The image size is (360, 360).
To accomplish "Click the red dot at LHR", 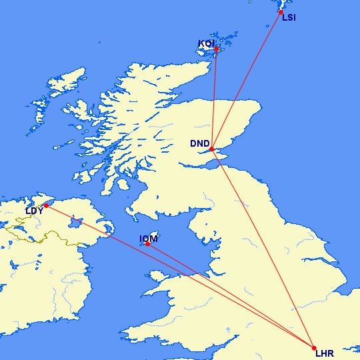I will tap(314, 348).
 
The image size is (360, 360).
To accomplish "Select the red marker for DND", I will tap(211, 149).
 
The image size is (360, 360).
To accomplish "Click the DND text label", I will tap(199, 143).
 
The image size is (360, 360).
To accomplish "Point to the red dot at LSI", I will tap(281, 12).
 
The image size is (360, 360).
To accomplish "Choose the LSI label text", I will tap(289, 18).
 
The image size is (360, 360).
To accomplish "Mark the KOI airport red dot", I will tap(216, 49).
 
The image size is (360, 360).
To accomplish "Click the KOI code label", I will tap(206, 44).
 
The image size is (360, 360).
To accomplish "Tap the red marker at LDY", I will tap(46, 205).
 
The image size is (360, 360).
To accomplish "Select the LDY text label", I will tap(35, 211).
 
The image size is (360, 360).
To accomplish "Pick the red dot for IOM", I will tap(147, 244).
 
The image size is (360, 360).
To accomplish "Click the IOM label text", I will tap(148, 238).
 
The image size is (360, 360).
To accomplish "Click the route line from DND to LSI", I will tap(247, 80).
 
